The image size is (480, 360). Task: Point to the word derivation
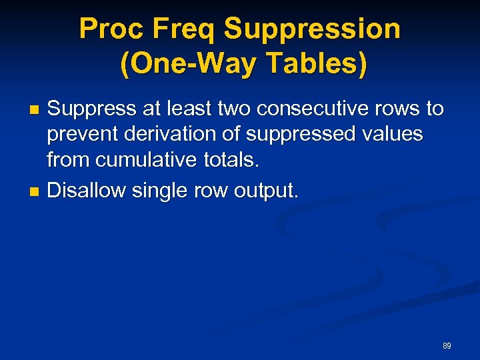point(173,135)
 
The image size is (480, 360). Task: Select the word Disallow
point(87,191)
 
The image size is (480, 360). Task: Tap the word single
point(160,191)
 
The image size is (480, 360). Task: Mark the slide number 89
point(447,346)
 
